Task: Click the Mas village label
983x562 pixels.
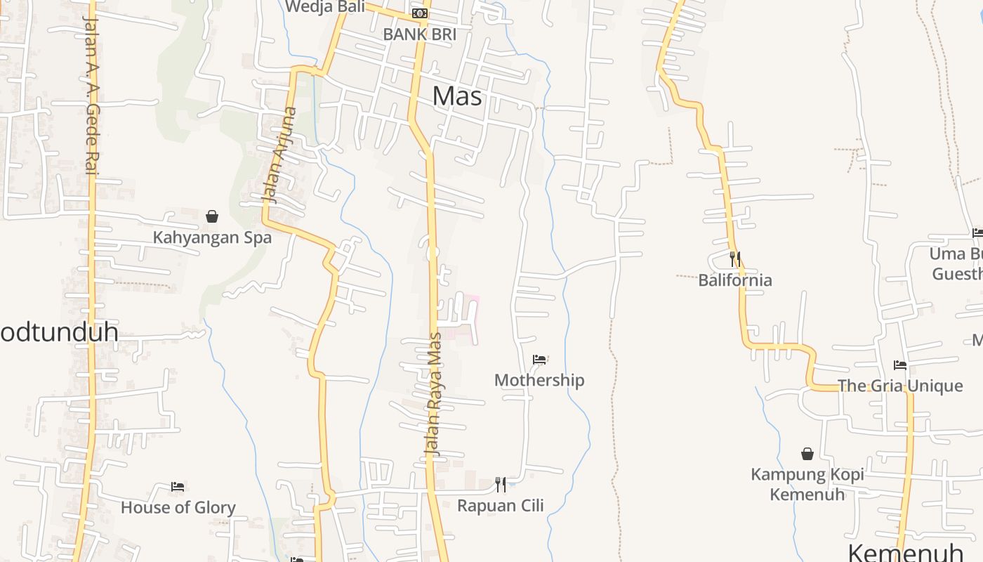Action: [x=457, y=96]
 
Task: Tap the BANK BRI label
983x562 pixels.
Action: [x=419, y=34]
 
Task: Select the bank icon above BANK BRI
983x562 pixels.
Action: [x=419, y=13]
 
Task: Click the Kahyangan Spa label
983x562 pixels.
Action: [x=212, y=237]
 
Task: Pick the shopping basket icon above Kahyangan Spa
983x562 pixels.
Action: [x=212, y=216]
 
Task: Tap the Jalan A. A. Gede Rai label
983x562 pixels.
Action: [x=90, y=95]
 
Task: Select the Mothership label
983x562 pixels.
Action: [x=539, y=380]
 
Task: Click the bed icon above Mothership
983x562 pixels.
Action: [x=539, y=360]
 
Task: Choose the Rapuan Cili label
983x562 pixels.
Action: [x=501, y=505]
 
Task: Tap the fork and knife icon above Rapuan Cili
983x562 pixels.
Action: [x=501, y=484]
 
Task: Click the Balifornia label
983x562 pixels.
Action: [x=735, y=280]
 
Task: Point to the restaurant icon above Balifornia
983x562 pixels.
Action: [x=735, y=259]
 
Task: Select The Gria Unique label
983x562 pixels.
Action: [x=900, y=386]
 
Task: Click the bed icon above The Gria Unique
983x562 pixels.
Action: [x=900, y=365]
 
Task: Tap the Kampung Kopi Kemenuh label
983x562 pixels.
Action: [x=807, y=484]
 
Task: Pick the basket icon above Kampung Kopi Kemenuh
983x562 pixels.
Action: [x=807, y=455]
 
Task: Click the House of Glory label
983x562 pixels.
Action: [x=178, y=507]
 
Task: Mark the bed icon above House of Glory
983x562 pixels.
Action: [x=178, y=486]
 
